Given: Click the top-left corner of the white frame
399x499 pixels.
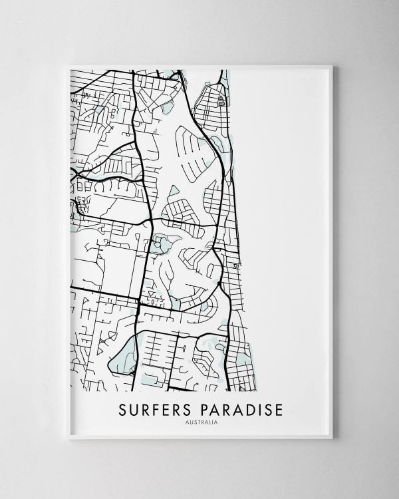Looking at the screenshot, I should (x=68, y=65).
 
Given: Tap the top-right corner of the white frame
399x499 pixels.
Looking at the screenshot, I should (x=332, y=65).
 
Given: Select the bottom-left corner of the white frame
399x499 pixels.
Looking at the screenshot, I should (x=68, y=438).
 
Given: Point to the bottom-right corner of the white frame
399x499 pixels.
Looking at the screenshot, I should (x=332, y=438).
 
